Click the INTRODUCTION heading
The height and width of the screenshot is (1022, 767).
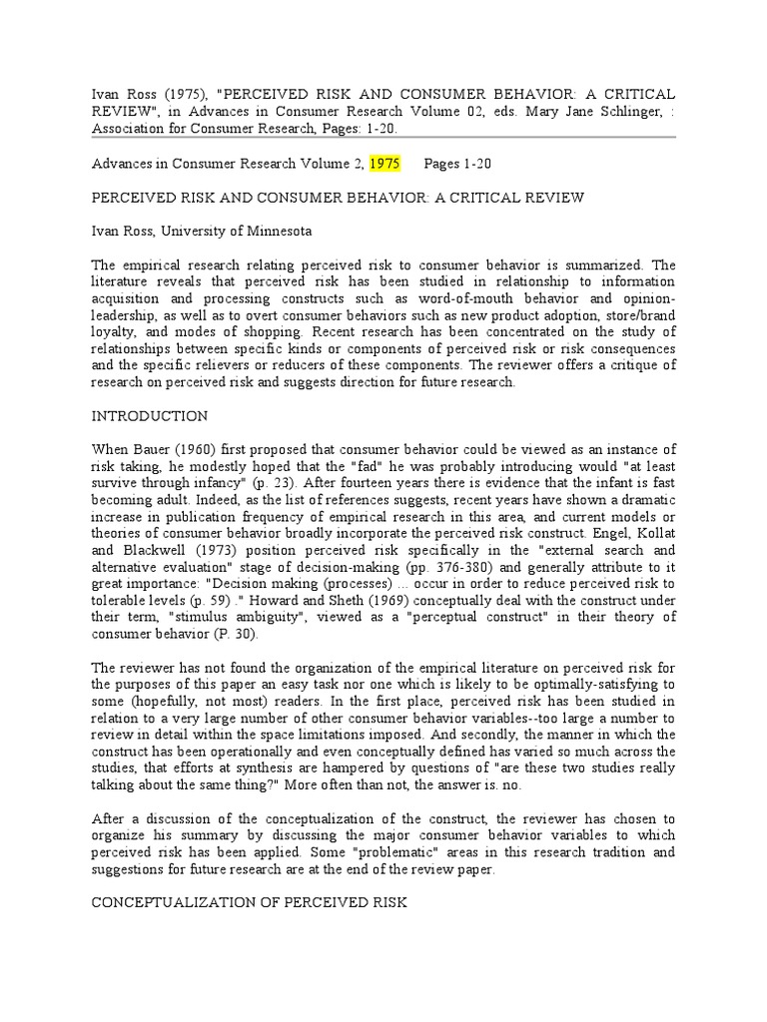[x=150, y=415]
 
